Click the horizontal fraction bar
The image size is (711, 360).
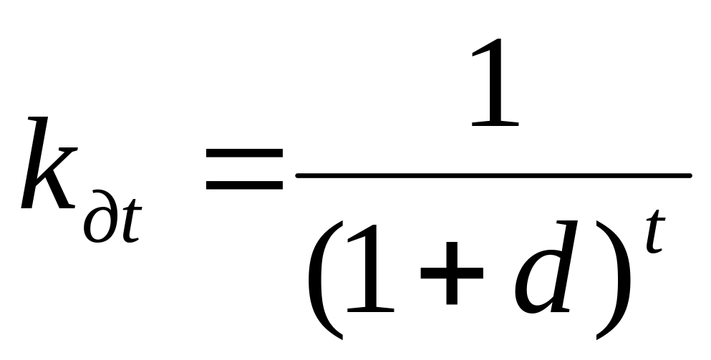[x=494, y=174]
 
